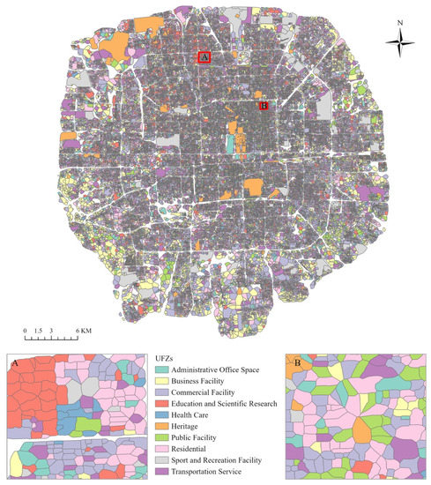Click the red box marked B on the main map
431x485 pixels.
(263, 106)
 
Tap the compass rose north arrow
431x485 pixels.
(400, 40)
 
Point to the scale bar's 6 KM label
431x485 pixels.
(84, 328)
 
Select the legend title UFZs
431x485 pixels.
(164, 357)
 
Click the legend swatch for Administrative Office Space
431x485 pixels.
(161, 369)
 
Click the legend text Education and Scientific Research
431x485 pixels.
(227, 403)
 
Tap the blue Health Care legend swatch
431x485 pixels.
(161, 414)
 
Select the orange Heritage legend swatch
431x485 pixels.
(161, 426)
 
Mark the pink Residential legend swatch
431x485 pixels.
(161, 449)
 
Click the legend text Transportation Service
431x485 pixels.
(210, 472)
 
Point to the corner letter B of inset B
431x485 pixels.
(293, 362)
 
